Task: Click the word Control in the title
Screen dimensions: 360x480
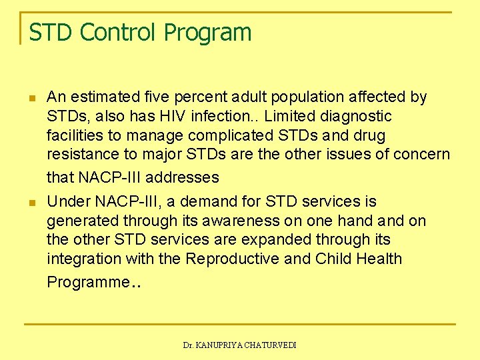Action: (x=113, y=32)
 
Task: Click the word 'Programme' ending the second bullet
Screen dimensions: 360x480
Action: (x=87, y=282)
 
